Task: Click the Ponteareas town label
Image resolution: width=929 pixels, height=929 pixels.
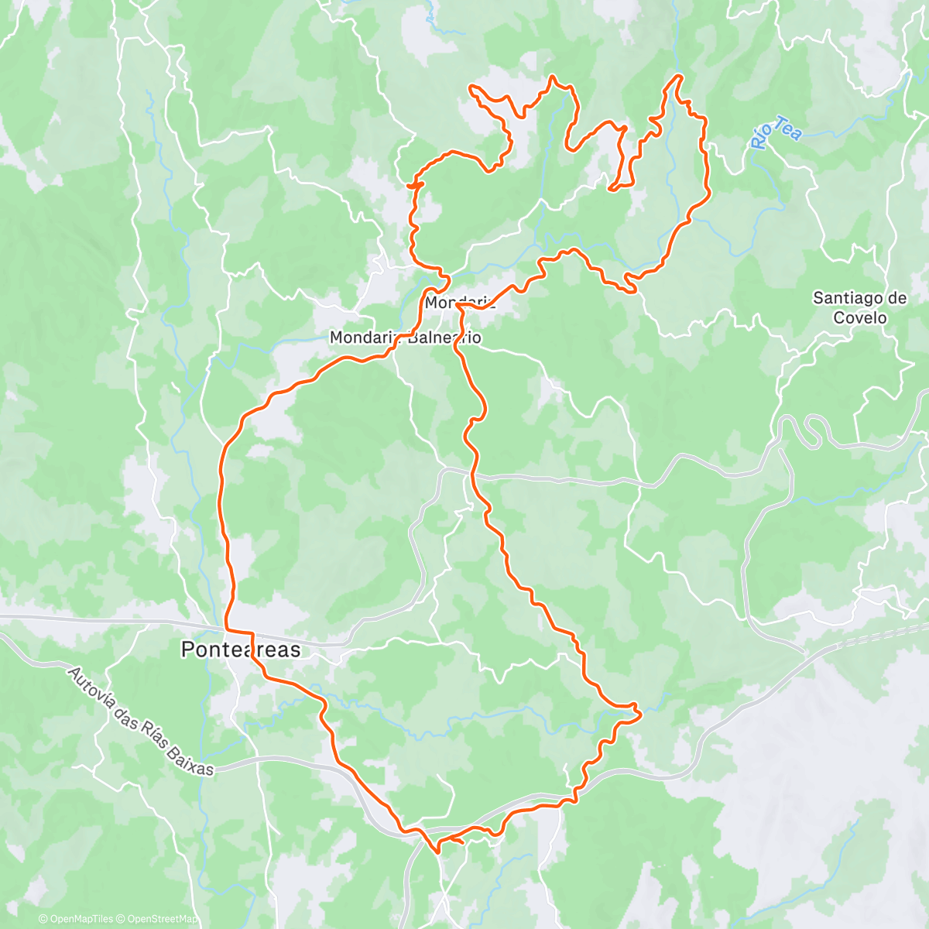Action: coord(240,650)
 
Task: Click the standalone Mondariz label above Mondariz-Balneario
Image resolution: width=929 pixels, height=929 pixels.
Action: coord(459,302)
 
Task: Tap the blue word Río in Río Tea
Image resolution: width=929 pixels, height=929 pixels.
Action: coord(762,138)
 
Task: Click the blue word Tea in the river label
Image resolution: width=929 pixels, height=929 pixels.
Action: coord(787,128)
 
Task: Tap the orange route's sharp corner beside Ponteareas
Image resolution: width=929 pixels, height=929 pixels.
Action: coord(226,629)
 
